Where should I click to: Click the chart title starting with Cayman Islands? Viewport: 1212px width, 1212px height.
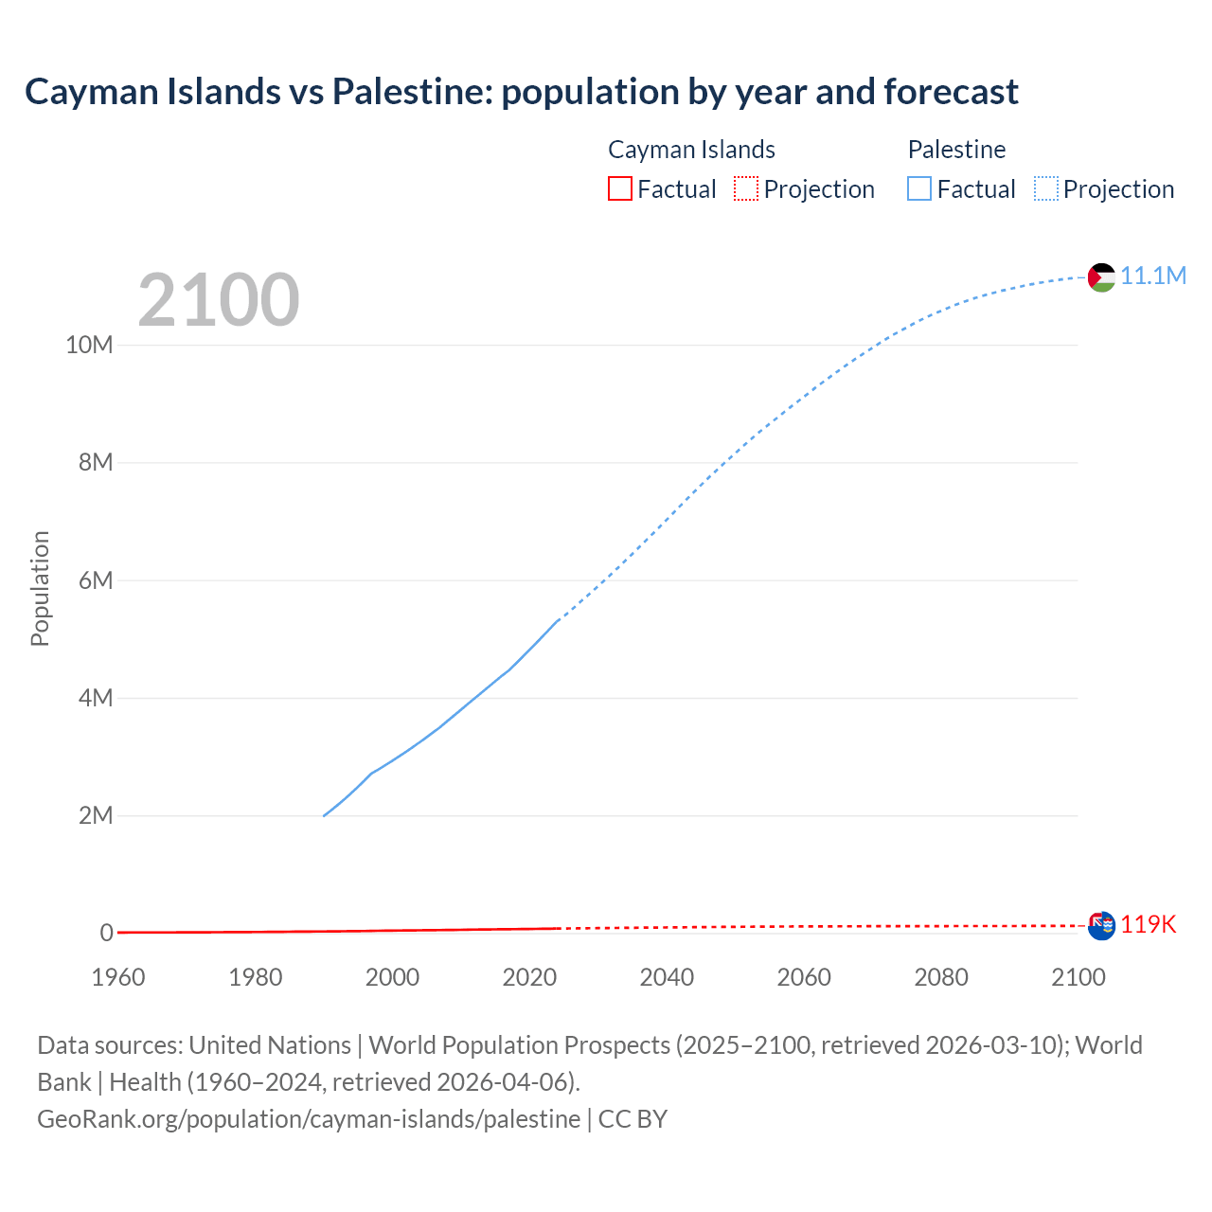(x=522, y=92)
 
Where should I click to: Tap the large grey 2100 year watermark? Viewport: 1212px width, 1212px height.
(x=219, y=300)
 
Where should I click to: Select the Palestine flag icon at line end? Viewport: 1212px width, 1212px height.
(x=1101, y=277)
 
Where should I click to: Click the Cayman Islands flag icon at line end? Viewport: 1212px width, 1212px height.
(x=1101, y=925)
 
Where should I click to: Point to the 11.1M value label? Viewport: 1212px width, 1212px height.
(x=1153, y=276)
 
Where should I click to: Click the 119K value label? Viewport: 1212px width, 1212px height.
(x=1149, y=924)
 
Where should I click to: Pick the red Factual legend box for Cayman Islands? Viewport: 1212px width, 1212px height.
(x=619, y=188)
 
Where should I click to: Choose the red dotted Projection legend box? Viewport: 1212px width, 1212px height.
(x=746, y=188)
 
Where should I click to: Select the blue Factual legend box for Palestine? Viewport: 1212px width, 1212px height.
(x=918, y=188)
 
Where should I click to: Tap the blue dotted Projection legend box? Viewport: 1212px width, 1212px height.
(x=1046, y=188)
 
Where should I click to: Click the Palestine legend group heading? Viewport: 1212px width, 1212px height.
(x=956, y=150)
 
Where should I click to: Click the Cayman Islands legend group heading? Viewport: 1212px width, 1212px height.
(x=691, y=150)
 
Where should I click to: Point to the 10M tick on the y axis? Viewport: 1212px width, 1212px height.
(x=89, y=345)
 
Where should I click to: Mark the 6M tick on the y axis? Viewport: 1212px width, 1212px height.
(x=96, y=580)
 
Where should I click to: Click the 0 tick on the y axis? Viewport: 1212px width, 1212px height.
(x=106, y=933)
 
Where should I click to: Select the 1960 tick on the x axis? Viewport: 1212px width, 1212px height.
(x=118, y=977)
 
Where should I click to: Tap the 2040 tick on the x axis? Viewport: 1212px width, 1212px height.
(x=667, y=977)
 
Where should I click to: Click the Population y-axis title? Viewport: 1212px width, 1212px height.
(x=40, y=588)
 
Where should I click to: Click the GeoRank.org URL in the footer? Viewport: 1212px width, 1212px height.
(x=309, y=1119)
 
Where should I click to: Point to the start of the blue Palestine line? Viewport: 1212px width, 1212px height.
(x=325, y=815)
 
